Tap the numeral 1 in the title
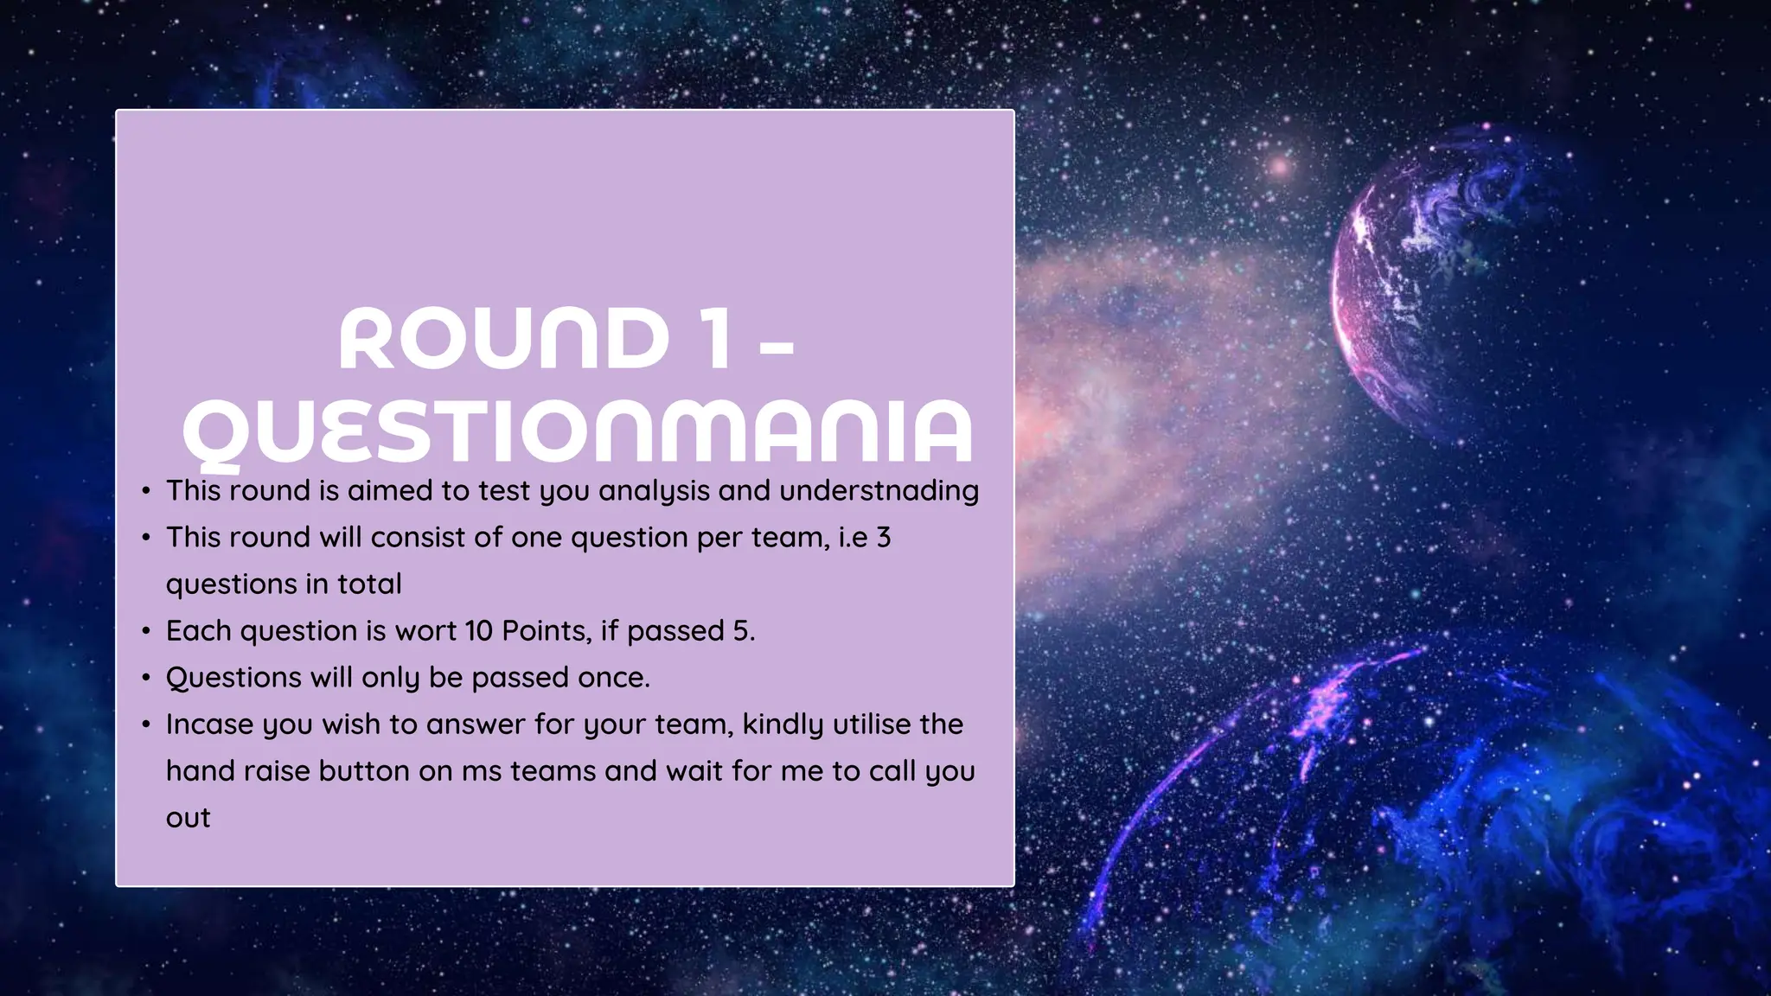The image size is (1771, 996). (x=715, y=339)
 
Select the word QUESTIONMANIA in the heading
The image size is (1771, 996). (x=578, y=432)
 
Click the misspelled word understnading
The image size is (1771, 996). (x=879, y=491)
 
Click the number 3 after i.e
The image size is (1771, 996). (x=883, y=538)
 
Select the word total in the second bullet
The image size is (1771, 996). (x=369, y=584)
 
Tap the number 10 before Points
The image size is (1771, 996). (x=478, y=631)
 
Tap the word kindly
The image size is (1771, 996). (x=783, y=725)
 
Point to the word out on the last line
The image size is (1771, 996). (x=188, y=818)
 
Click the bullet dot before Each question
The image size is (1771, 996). (x=146, y=631)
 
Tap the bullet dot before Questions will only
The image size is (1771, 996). (x=146, y=678)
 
